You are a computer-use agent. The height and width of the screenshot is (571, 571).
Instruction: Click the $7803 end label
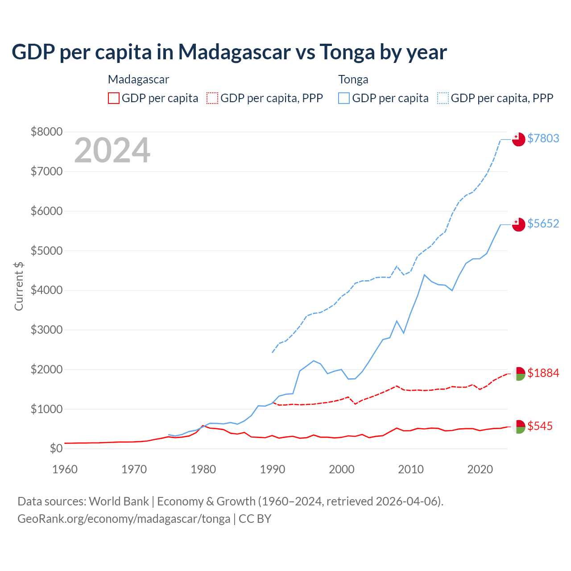coord(543,138)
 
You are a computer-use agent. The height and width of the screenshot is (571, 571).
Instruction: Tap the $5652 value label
coord(543,223)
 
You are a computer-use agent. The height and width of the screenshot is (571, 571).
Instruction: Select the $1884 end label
coord(543,373)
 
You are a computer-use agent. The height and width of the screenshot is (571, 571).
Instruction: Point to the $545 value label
coord(540,426)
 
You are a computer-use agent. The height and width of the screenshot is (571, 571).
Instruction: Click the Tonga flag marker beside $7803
coord(518,139)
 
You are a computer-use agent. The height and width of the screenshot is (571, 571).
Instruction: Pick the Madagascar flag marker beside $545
coord(518,426)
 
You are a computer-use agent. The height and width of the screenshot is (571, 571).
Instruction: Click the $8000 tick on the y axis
coord(46,132)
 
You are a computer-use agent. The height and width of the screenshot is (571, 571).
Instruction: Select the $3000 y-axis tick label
coord(46,330)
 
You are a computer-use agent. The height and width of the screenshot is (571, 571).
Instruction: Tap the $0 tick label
coord(56,448)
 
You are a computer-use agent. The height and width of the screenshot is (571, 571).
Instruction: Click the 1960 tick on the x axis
coord(65,469)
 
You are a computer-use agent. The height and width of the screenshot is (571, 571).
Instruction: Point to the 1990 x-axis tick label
coord(273,469)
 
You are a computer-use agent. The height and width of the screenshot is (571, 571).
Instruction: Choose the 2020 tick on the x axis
coord(480,469)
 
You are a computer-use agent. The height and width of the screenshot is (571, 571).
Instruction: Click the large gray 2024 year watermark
coord(112,150)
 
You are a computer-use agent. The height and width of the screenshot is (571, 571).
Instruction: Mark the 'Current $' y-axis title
coord(19,286)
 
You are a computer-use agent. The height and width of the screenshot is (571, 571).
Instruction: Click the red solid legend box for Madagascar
coord(114,98)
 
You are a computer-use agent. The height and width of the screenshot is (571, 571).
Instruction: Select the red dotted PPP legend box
coord(213,98)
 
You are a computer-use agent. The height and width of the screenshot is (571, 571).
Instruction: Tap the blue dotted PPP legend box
coord(443,98)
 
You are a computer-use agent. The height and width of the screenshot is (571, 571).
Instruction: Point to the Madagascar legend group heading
coord(138,79)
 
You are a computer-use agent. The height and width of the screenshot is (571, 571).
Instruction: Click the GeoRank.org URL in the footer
coord(124,519)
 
